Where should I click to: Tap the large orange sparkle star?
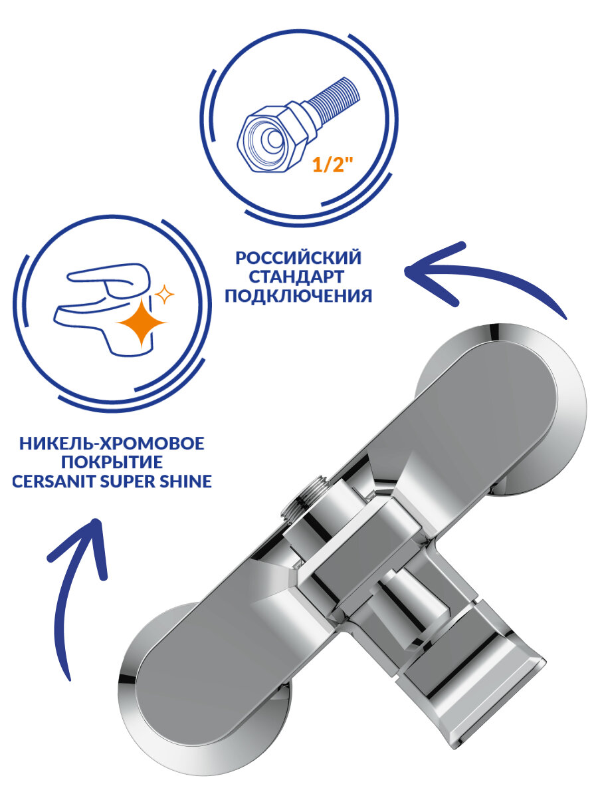tap(142, 324)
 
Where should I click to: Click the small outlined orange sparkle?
tap(162, 293)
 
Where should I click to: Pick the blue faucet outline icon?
tap(100, 303)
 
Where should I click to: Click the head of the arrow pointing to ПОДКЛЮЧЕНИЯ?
tap(419, 273)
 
